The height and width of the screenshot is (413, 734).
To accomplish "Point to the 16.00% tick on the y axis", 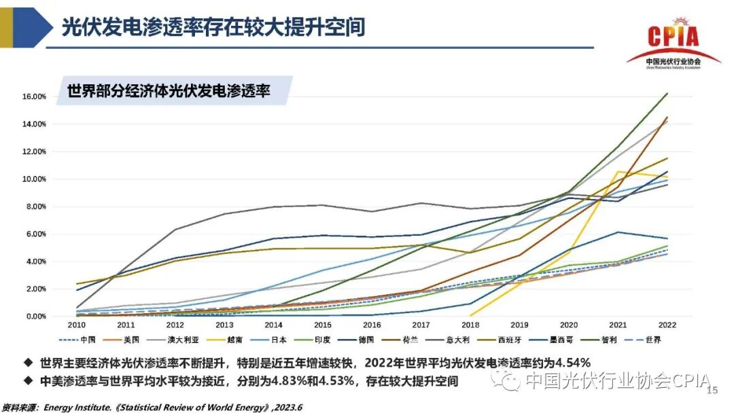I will pos(33,96).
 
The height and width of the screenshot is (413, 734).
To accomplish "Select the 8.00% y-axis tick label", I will pos(35,206).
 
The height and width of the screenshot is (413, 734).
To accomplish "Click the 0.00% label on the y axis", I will pos(35,317).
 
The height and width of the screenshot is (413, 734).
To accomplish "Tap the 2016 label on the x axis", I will pos(371,326).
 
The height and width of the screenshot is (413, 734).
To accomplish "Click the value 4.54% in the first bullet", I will pos(557,362).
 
